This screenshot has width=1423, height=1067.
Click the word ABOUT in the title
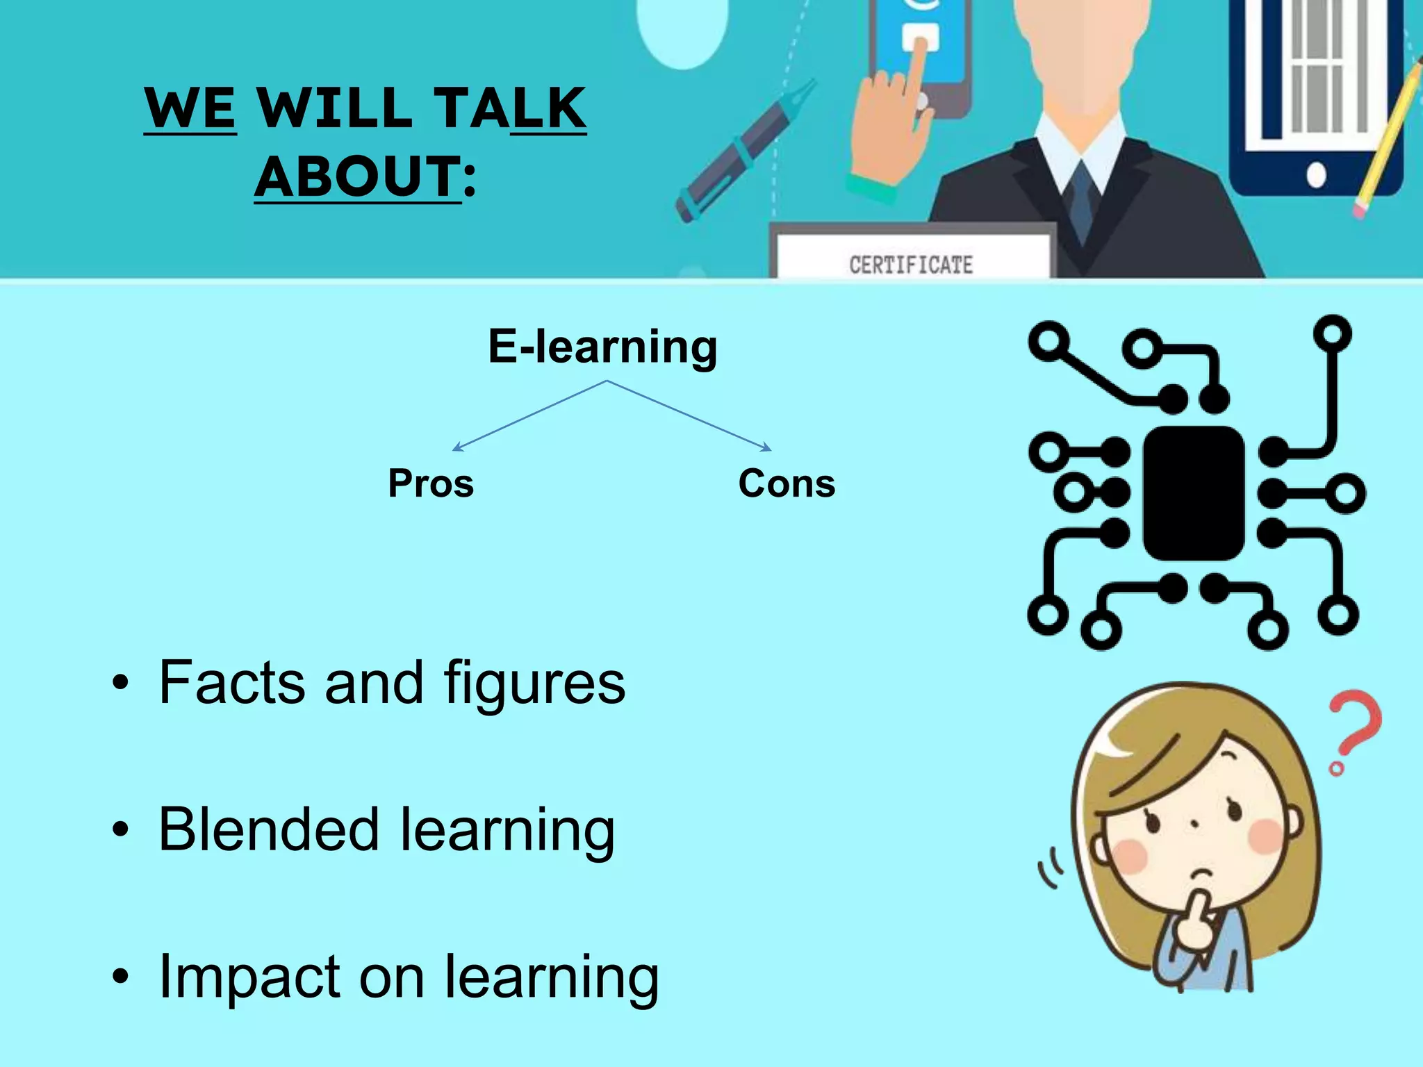(x=357, y=176)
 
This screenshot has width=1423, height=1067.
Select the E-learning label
(x=602, y=347)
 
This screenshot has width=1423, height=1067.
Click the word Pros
(x=431, y=483)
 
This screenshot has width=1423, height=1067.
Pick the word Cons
(x=787, y=483)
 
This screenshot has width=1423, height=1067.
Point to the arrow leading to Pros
(x=528, y=415)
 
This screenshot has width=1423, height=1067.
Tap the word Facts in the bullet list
(x=232, y=683)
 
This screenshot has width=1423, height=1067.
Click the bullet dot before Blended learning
(x=120, y=829)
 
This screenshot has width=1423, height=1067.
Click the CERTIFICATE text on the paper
(x=911, y=265)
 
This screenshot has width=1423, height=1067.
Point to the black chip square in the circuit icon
(x=1194, y=493)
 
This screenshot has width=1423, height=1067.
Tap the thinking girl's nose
(x=1194, y=825)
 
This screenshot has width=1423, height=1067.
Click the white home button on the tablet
(x=1316, y=174)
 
